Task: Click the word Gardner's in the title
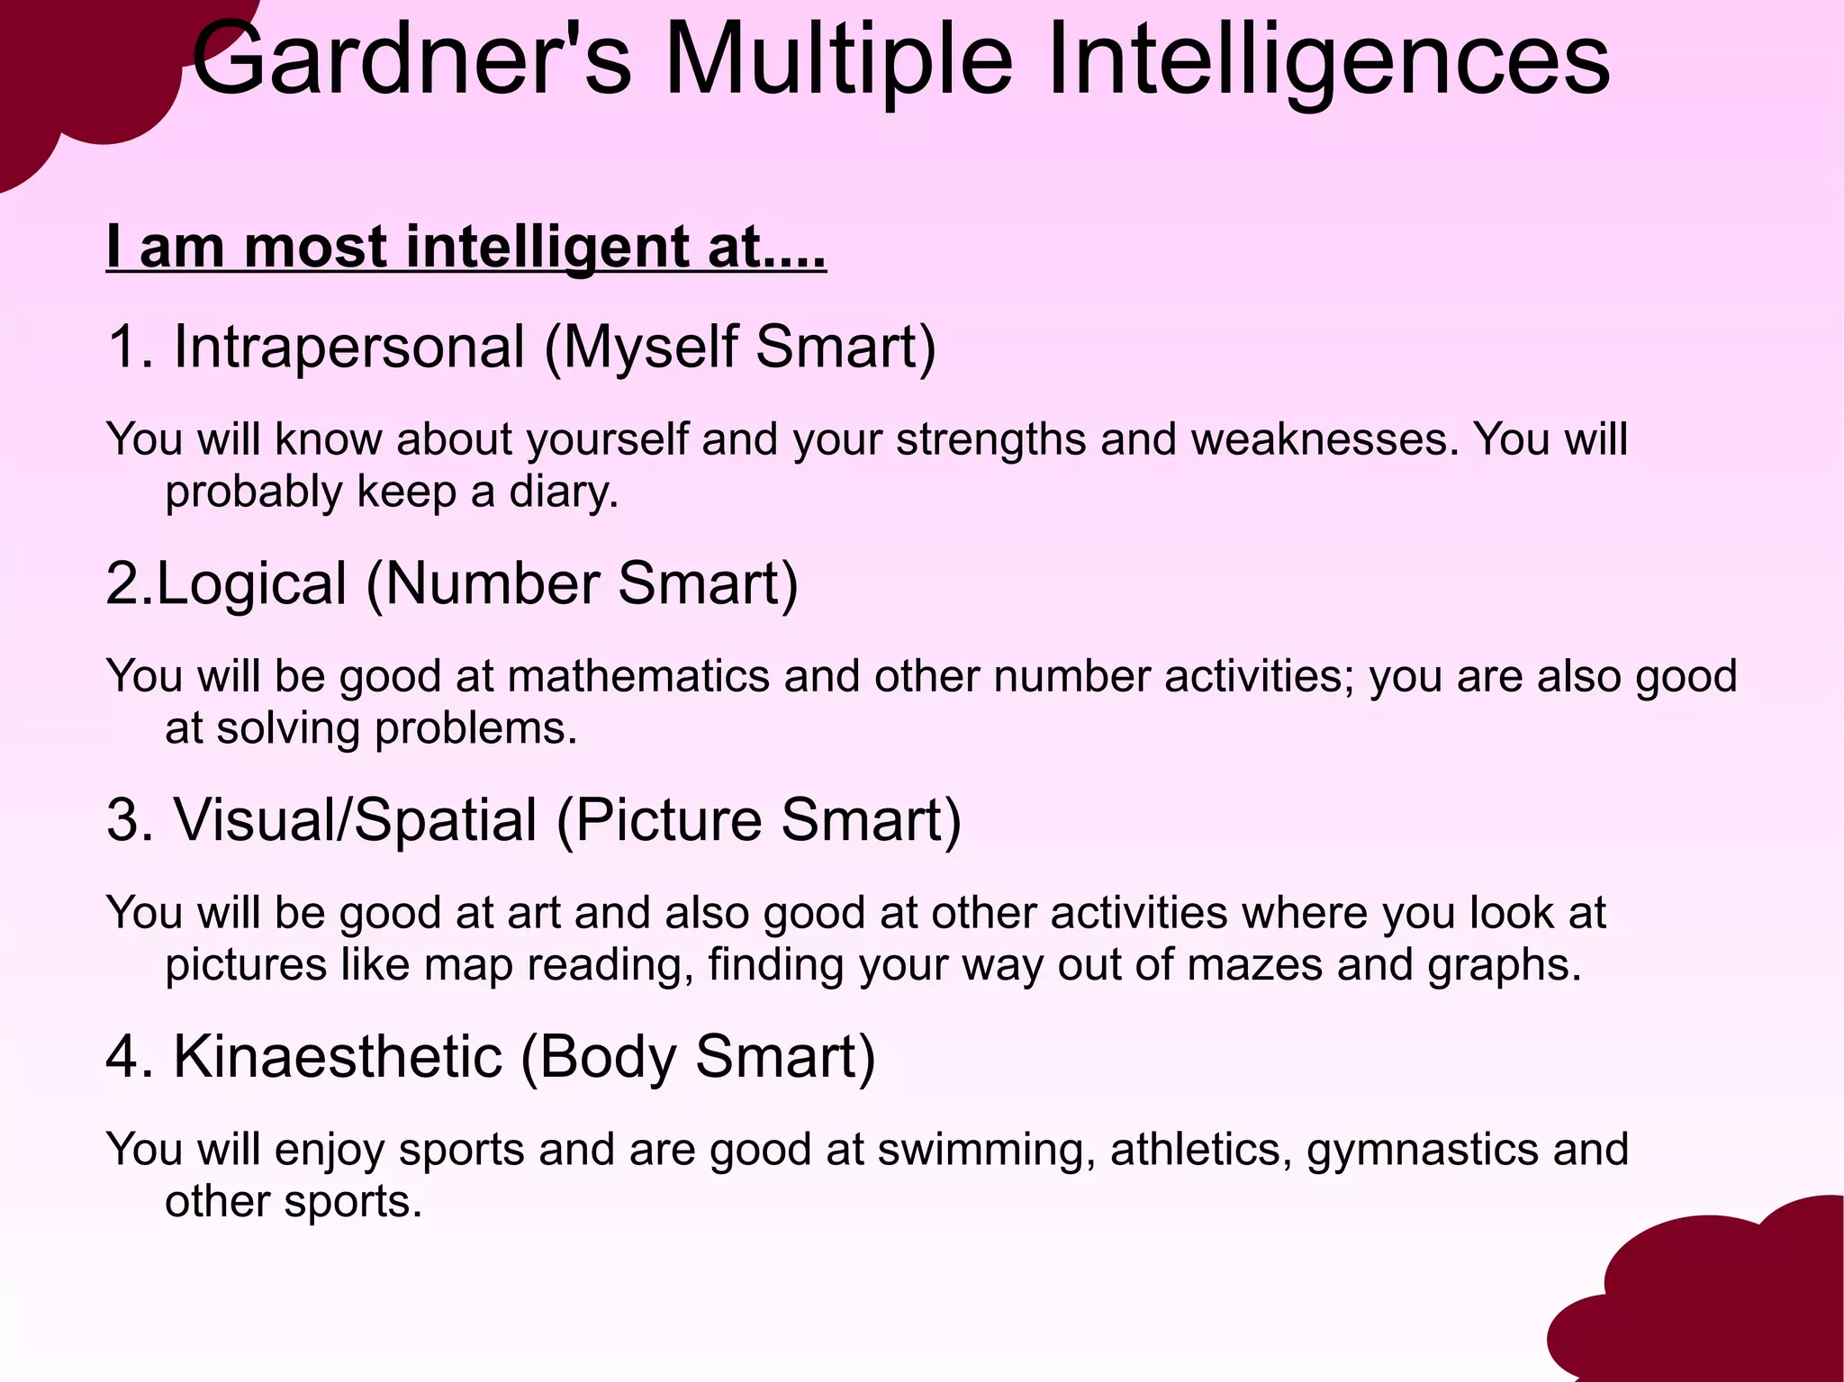point(411,61)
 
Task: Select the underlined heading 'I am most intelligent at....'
point(466,247)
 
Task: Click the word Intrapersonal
point(348,347)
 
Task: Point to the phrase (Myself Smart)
point(740,347)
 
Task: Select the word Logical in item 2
point(252,583)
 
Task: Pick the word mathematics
point(638,676)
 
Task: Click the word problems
point(475,728)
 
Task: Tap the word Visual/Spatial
point(356,820)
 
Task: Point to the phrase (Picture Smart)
point(759,820)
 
